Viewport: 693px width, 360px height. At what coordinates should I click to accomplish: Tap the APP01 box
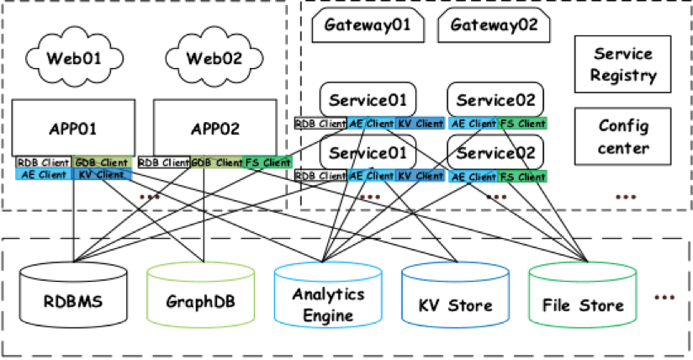click(x=73, y=129)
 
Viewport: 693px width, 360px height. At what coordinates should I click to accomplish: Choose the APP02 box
click(x=214, y=129)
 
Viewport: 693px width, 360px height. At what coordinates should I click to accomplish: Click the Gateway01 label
click(x=368, y=24)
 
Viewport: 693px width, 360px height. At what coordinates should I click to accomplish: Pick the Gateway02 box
click(x=494, y=24)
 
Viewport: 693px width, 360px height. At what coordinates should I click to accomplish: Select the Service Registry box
click(x=622, y=65)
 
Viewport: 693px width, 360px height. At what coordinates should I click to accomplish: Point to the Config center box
click(x=622, y=136)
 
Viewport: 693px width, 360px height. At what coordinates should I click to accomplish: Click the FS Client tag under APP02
click(x=267, y=162)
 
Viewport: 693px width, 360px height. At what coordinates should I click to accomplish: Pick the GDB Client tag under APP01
click(x=101, y=162)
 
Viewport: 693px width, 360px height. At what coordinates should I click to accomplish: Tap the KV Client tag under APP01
click(x=102, y=175)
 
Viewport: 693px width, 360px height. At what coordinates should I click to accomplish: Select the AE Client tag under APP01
click(x=44, y=175)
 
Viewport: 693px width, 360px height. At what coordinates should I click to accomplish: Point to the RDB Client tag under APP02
click(x=164, y=162)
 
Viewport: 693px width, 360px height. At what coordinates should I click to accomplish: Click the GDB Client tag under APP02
click(x=216, y=162)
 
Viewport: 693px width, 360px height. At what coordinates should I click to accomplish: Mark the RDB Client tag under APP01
click(x=44, y=162)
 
